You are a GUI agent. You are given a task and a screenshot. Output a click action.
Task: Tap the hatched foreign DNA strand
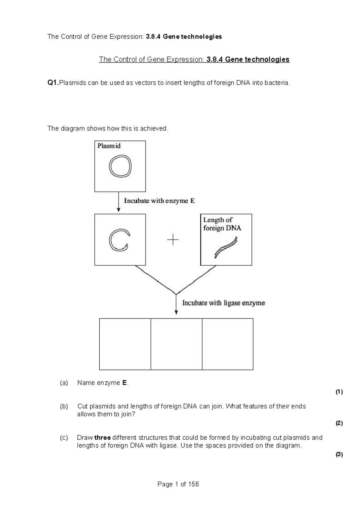click(x=226, y=248)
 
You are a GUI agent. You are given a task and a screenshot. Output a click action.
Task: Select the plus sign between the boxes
click(x=172, y=240)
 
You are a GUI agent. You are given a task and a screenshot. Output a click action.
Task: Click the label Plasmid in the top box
click(x=109, y=146)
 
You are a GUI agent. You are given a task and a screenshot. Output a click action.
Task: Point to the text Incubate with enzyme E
click(x=159, y=201)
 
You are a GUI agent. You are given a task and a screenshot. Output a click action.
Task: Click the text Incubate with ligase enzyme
click(x=223, y=303)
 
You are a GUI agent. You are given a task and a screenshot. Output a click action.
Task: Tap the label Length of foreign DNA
click(x=222, y=224)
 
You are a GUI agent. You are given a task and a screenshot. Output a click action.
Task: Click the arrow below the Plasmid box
click(x=118, y=202)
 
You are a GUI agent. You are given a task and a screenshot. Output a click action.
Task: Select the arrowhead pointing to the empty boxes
click(x=176, y=312)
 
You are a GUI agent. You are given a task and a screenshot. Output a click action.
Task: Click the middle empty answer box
click(x=176, y=344)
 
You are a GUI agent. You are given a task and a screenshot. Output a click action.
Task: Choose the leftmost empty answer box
click(x=125, y=344)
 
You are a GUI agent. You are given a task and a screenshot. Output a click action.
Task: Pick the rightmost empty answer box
click(x=227, y=344)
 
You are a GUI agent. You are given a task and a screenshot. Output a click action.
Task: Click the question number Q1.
click(x=53, y=83)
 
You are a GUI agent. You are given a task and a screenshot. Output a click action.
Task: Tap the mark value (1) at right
click(x=339, y=392)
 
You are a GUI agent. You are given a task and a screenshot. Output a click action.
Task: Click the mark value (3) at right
click(x=339, y=454)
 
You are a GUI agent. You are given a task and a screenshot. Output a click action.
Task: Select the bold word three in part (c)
click(x=102, y=438)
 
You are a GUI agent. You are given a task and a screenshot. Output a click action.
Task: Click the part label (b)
click(x=64, y=406)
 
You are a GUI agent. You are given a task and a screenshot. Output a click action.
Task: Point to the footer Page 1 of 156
click(x=178, y=484)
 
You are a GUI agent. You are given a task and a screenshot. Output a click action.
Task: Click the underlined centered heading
click(x=194, y=59)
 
